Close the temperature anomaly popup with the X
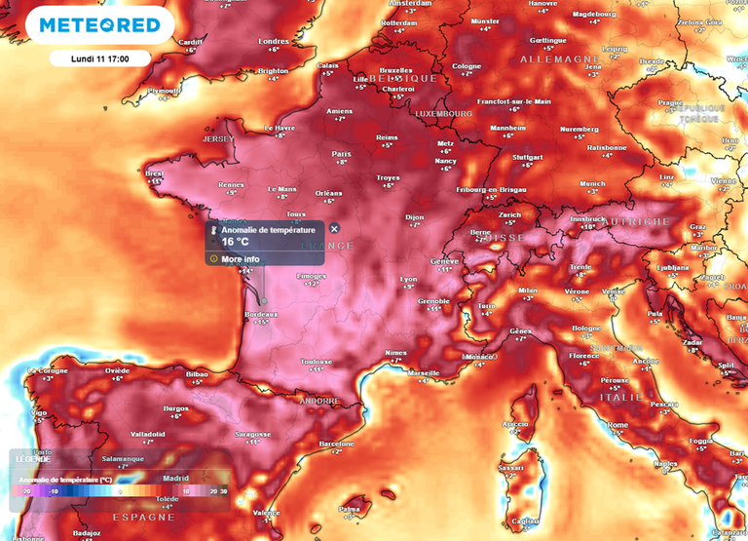tap(334, 229)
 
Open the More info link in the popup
tap(240, 259)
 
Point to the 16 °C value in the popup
tap(235, 242)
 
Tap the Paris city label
tap(342, 153)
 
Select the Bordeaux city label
tap(260, 314)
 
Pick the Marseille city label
tap(424, 373)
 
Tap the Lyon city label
tap(409, 279)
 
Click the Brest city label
tap(154, 174)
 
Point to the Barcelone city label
tap(337, 444)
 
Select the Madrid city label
tap(175, 478)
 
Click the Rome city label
tap(617, 425)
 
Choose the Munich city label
tap(592, 183)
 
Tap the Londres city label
tap(274, 42)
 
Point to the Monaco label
tap(479, 357)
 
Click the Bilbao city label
tap(197, 373)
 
